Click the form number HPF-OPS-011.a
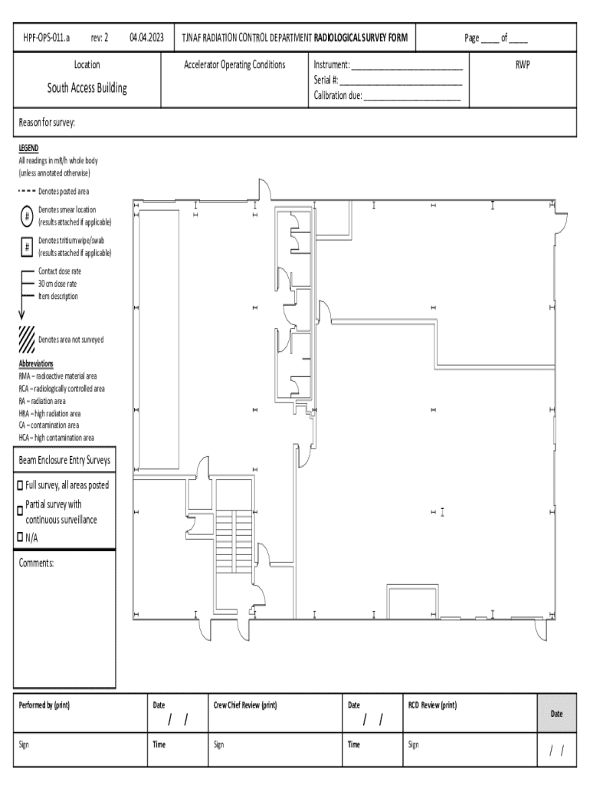tap(47, 38)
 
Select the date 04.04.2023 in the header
tap(146, 38)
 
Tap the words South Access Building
tap(87, 88)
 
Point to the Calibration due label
tap(338, 95)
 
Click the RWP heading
tap(523, 64)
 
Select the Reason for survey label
tap(47, 123)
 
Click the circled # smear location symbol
tap(27, 216)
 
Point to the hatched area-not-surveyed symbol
tap(27, 339)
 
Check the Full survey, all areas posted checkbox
tap(20, 485)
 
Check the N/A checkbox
tap(20, 537)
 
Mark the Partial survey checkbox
tap(20, 511)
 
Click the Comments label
tap(36, 563)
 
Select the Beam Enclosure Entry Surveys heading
tap(64, 460)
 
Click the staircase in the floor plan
tap(233, 540)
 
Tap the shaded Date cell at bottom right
tap(556, 714)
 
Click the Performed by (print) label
tap(44, 705)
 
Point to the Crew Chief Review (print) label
tap(244, 705)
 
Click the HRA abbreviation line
tap(50, 413)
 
